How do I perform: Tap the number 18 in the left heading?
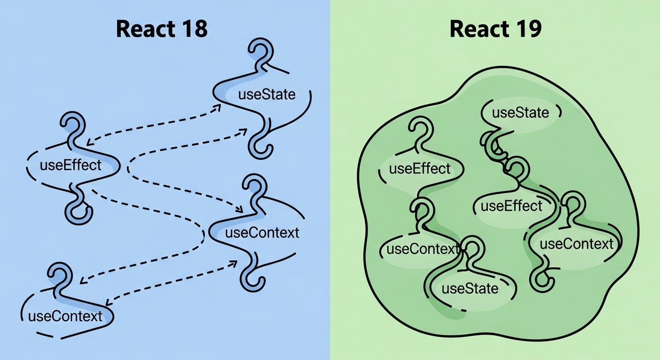[193, 29]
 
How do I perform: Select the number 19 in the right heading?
[528, 29]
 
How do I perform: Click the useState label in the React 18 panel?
[267, 94]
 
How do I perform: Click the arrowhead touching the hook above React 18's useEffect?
[89, 141]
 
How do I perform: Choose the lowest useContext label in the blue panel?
[65, 316]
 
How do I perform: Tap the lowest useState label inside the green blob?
[470, 288]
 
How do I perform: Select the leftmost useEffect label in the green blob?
[420, 168]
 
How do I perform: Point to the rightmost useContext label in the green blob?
[576, 244]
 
